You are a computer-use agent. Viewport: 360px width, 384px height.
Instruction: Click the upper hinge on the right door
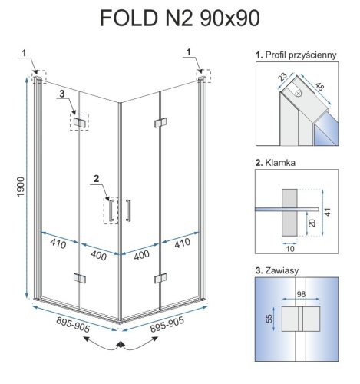coord(160,121)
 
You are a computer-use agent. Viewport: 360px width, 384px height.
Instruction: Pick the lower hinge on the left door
coord(79,277)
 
